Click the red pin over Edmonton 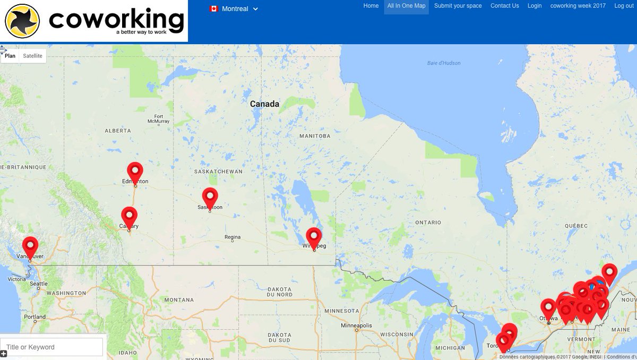tap(135, 172)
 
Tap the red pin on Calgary tap(129, 216)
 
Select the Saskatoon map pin tap(210, 197)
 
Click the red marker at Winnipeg tap(314, 236)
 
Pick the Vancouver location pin tap(30, 246)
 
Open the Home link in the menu tap(371, 6)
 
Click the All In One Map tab tap(406, 6)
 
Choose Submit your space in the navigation tap(458, 6)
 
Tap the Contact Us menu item tap(504, 6)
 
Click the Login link tap(535, 6)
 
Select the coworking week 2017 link tap(578, 6)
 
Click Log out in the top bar tap(624, 6)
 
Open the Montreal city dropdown tap(234, 8)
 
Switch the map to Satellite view tap(32, 56)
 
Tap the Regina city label tap(233, 237)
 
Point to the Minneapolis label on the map tap(356, 325)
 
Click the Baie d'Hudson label tap(444, 63)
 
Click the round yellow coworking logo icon tap(22, 21)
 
